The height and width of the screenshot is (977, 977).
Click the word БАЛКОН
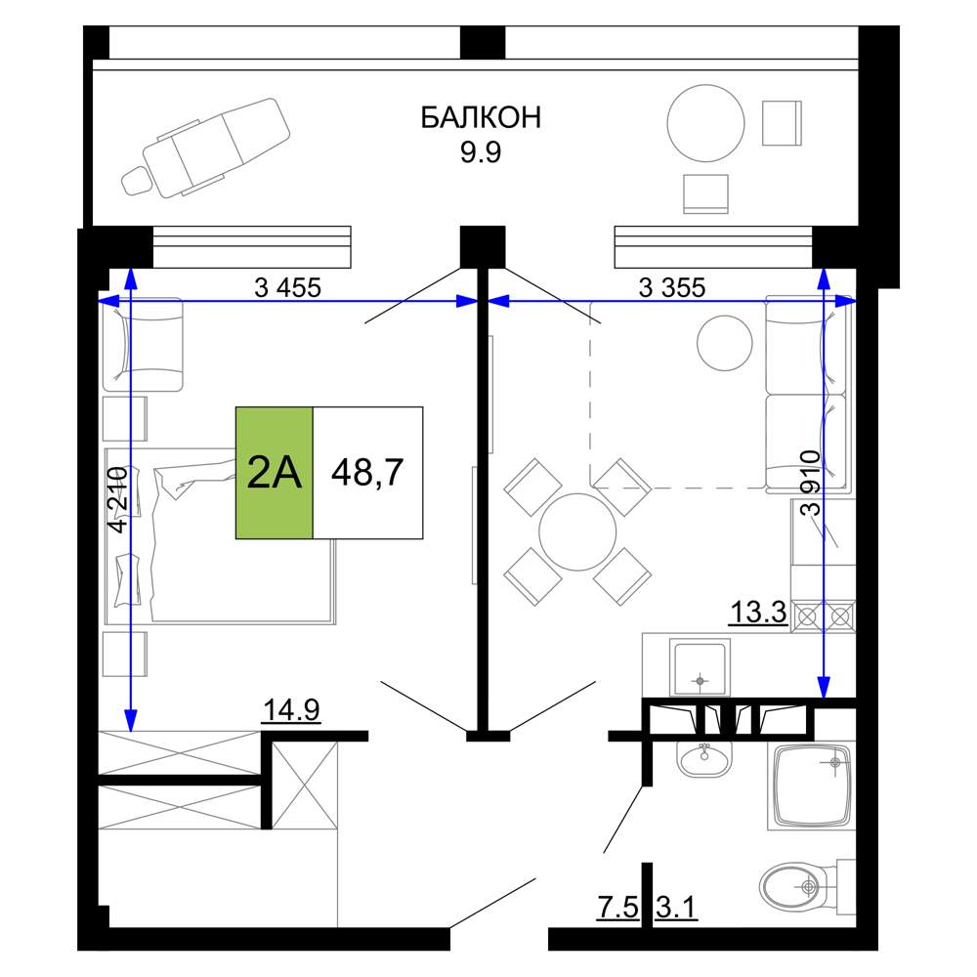click(x=481, y=117)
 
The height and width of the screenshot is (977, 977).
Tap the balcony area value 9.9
click(x=481, y=152)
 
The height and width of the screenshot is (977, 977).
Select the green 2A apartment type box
click(x=275, y=472)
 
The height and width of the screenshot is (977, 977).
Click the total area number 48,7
click(x=367, y=472)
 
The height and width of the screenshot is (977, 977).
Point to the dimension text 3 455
click(x=287, y=287)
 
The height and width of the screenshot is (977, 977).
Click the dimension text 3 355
click(x=672, y=287)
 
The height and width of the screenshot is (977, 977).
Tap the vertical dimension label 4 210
click(x=118, y=499)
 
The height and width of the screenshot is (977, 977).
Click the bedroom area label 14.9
click(x=291, y=709)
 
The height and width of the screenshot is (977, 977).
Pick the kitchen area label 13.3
click(x=758, y=612)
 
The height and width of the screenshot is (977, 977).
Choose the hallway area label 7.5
click(x=617, y=908)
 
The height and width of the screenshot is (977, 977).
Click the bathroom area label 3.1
click(x=675, y=908)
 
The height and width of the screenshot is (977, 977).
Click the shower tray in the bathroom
click(x=811, y=786)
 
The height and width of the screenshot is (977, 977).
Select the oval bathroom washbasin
click(x=704, y=759)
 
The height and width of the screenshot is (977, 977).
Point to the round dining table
click(x=577, y=532)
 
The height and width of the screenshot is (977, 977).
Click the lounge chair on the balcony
click(x=206, y=149)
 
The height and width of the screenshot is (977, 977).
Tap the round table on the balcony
click(x=705, y=123)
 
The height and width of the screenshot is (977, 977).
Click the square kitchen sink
click(x=700, y=667)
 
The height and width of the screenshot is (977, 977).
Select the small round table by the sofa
click(x=725, y=343)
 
